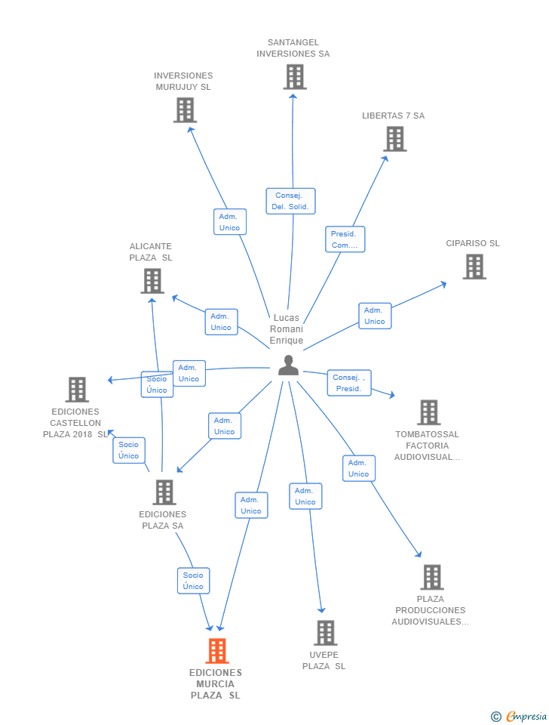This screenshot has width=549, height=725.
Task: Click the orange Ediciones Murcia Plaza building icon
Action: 216,651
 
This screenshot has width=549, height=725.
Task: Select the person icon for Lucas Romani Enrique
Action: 288,366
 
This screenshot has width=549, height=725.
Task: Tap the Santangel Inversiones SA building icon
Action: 294,77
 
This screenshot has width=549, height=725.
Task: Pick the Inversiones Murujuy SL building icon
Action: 184,110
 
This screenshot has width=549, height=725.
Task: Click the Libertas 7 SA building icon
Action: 395,139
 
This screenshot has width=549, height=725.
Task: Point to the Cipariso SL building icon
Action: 474,267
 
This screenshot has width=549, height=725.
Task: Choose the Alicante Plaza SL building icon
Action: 152,281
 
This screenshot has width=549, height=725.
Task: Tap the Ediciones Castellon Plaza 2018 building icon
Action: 77,390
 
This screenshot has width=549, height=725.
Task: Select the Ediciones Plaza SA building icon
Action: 164,492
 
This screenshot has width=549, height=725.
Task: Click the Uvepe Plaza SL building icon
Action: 325,633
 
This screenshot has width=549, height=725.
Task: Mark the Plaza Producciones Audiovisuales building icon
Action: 431,577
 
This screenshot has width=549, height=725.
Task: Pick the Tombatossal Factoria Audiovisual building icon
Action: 428,412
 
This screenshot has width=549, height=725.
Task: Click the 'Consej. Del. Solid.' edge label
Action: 290,201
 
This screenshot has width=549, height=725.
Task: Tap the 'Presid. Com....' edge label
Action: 345,239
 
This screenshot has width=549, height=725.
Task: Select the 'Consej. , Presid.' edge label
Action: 348,383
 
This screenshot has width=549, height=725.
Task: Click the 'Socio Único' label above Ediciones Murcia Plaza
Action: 193,581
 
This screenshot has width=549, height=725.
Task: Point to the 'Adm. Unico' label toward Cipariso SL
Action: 374,316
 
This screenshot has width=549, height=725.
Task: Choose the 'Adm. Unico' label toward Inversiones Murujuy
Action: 229,222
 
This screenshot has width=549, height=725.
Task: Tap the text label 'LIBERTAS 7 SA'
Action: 393,116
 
